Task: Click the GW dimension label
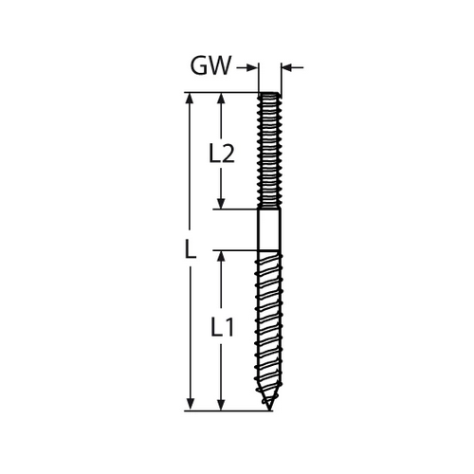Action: (x=210, y=65)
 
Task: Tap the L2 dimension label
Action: (x=222, y=153)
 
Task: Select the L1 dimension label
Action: (x=222, y=327)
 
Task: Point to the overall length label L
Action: (x=191, y=248)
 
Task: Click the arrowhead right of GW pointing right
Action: (x=251, y=67)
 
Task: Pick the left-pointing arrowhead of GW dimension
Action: (x=286, y=67)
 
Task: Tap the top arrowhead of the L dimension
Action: (x=190, y=99)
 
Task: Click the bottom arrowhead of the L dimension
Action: (x=190, y=405)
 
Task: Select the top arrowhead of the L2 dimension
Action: (x=221, y=99)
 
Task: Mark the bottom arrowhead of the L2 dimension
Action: (x=221, y=204)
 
